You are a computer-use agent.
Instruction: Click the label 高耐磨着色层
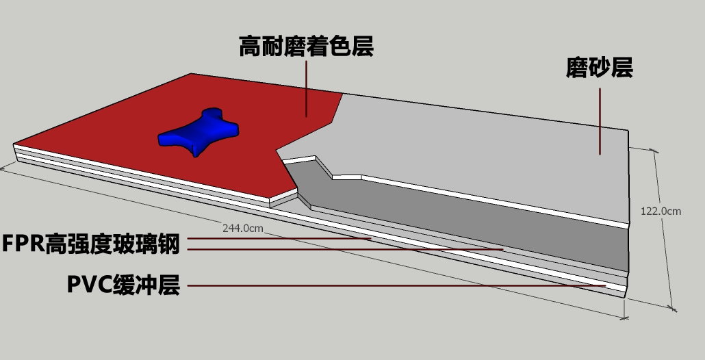point(306,47)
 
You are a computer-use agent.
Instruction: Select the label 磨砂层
point(599,68)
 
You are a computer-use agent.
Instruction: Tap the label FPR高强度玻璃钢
point(91,244)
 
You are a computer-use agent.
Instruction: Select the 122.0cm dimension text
point(661,211)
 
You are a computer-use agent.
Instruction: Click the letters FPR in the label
point(23,244)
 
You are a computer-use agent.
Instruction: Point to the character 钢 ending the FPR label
point(169,244)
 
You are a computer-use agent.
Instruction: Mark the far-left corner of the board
point(15,145)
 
